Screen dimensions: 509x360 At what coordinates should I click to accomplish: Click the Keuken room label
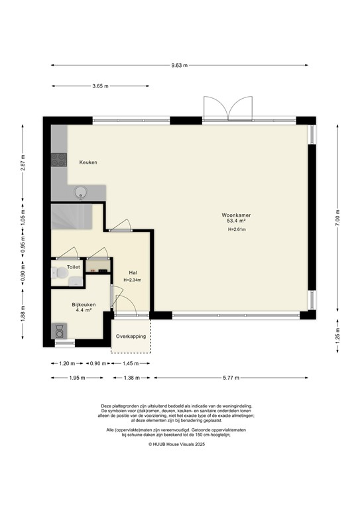tap(88, 162)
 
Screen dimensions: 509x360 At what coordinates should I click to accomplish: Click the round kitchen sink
tap(80, 192)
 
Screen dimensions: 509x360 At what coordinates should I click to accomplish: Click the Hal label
tap(133, 272)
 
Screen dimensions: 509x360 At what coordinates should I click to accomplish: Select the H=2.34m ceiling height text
tap(133, 280)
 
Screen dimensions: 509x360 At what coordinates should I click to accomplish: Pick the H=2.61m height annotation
tap(236, 230)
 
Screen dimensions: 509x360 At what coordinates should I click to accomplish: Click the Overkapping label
tap(130, 337)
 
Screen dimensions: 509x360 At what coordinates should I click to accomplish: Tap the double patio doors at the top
tap(226, 109)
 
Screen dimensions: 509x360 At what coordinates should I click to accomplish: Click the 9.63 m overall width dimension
tap(179, 66)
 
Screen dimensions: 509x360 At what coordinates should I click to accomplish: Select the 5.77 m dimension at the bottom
tap(229, 378)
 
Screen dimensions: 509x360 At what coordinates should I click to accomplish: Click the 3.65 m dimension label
tap(101, 86)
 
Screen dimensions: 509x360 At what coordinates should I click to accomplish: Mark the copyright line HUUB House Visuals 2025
tap(179, 445)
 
